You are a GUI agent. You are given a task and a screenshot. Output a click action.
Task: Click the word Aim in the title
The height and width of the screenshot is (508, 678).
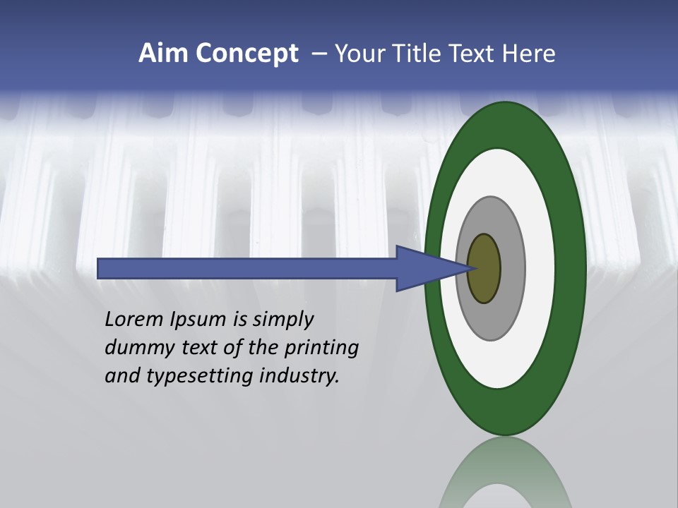pos(163,54)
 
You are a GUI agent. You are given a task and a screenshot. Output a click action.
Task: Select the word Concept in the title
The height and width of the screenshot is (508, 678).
pos(246,54)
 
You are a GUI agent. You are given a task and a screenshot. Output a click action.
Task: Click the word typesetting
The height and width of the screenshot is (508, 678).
pos(198,377)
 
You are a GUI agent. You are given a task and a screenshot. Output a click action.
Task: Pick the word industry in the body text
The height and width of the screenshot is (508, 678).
pos(299,376)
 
